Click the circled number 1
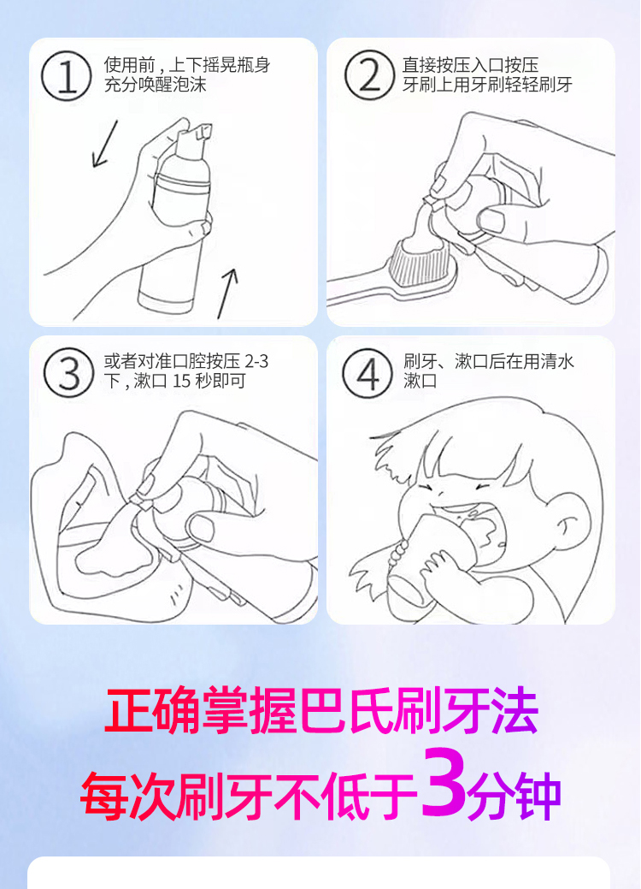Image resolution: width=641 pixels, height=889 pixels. coord(67,76)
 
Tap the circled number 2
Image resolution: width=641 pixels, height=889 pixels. coord(369,75)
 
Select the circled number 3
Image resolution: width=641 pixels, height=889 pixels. coord(69,373)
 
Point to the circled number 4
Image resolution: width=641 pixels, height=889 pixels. coord(367,373)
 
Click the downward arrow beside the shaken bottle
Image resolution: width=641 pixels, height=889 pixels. coord(105,144)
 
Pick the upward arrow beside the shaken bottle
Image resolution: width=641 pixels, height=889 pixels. coord(227,293)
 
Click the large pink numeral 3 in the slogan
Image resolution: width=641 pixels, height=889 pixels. coord(444,782)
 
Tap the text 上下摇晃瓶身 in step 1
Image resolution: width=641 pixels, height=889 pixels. coord(220,65)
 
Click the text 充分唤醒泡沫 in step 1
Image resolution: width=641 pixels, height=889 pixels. coord(156,85)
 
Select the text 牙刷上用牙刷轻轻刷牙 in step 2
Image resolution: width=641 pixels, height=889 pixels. coord(487,85)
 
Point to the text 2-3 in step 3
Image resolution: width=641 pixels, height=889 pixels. coord(256,361)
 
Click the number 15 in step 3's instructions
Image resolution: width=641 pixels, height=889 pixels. coord(181,381)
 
